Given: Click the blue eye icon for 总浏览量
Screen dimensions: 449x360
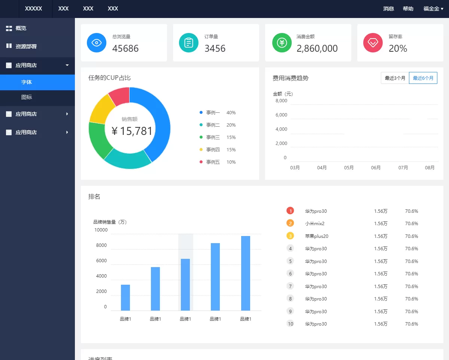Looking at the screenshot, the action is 97,43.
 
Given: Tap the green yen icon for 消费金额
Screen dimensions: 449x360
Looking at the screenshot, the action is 282,43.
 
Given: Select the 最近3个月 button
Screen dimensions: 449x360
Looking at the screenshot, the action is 395,78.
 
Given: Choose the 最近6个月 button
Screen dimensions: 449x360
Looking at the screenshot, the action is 423,78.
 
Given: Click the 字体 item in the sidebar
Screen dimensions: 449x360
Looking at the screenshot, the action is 27,82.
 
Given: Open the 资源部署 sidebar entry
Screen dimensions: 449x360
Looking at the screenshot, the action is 26,46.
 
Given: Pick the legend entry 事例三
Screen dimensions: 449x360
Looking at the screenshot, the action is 213,137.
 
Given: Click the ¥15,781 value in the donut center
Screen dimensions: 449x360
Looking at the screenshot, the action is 132,131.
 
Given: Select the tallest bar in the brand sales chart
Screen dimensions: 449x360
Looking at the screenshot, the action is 245,273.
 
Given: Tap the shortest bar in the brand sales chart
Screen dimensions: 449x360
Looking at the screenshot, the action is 125,297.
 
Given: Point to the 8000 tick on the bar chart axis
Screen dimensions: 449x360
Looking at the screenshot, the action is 101,245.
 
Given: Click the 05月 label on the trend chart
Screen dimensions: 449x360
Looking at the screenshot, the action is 349,167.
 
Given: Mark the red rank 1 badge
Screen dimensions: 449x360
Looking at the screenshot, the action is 290,211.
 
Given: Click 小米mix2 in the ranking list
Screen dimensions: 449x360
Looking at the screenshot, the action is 315,223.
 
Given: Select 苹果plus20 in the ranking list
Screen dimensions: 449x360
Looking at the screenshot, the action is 317,236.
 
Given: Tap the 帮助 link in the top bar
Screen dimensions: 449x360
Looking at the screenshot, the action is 408,9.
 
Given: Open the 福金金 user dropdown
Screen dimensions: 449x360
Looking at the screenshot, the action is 433,9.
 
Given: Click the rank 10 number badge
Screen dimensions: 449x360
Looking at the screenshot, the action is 290,324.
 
